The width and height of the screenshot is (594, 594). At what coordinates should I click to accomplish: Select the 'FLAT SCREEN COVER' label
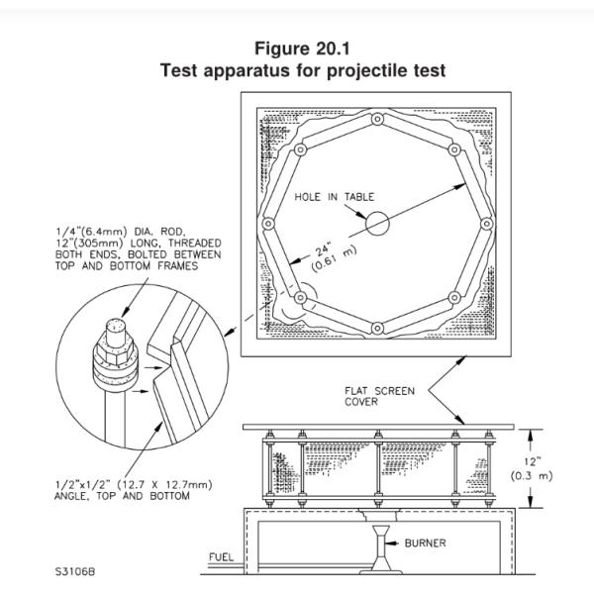pyautogui.click(x=371, y=396)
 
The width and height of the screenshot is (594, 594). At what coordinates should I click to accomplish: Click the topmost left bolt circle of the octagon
pyautogui.click(x=300, y=149)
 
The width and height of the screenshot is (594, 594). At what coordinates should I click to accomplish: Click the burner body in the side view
pyautogui.click(x=382, y=544)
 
